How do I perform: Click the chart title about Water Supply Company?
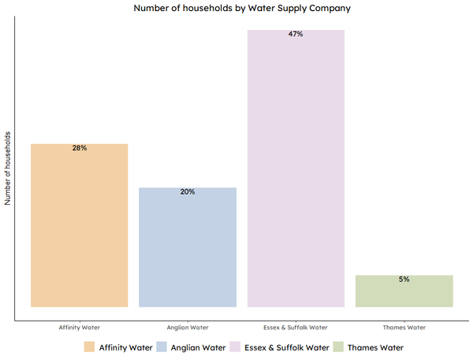[241, 9]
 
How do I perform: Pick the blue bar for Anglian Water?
[188, 247]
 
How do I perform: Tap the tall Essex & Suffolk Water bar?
[296, 169]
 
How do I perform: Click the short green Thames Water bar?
[404, 291]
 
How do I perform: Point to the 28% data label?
[79, 148]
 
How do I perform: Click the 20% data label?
[188, 191]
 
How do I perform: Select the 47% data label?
[296, 35]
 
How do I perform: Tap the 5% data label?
[404, 279]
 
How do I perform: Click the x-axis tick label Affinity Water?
[79, 327]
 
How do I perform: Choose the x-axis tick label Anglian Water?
[188, 327]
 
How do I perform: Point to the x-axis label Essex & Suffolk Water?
[296, 327]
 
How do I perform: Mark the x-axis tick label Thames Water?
[404, 327]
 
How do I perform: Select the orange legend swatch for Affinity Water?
[89, 347]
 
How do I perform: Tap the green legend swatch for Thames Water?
[340, 347]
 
